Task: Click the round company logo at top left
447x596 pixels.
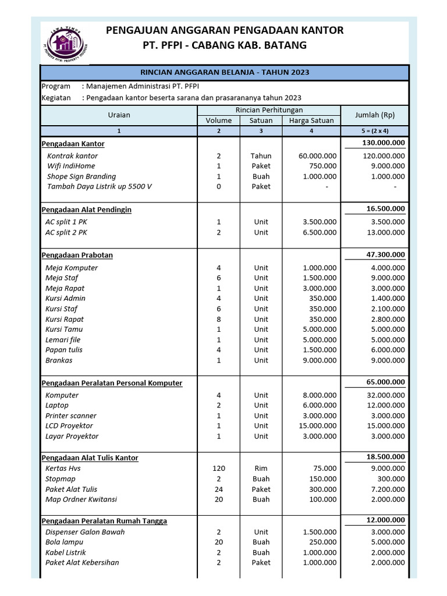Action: [x=66, y=43]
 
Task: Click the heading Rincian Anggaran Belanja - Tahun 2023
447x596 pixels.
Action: [x=225, y=72]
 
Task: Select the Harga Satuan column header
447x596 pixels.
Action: [x=311, y=120]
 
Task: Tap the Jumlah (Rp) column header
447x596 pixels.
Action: [x=375, y=115]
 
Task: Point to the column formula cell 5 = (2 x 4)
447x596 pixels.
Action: [x=375, y=131]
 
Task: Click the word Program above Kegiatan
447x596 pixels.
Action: [x=56, y=87]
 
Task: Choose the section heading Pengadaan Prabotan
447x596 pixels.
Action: [x=77, y=255]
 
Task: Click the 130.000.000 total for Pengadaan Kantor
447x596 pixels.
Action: [x=383, y=143]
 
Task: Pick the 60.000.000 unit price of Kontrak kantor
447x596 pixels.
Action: [x=317, y=156]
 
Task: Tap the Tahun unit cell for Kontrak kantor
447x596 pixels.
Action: [x=261, y=156]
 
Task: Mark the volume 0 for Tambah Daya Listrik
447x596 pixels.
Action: [x=219, y=187]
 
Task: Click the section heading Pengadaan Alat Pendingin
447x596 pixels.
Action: [x=87, y=210]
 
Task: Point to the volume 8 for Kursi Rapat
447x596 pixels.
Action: [x=219, y=320]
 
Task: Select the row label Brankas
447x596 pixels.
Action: [x=59, y=360]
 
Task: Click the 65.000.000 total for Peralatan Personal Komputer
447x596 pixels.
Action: [x=383, y=382]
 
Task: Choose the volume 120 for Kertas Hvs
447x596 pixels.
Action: [x=219, y=469]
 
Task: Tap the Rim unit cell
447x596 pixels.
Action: [x=261, y=469]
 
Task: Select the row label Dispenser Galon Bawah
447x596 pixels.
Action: [x=85, y=532]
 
